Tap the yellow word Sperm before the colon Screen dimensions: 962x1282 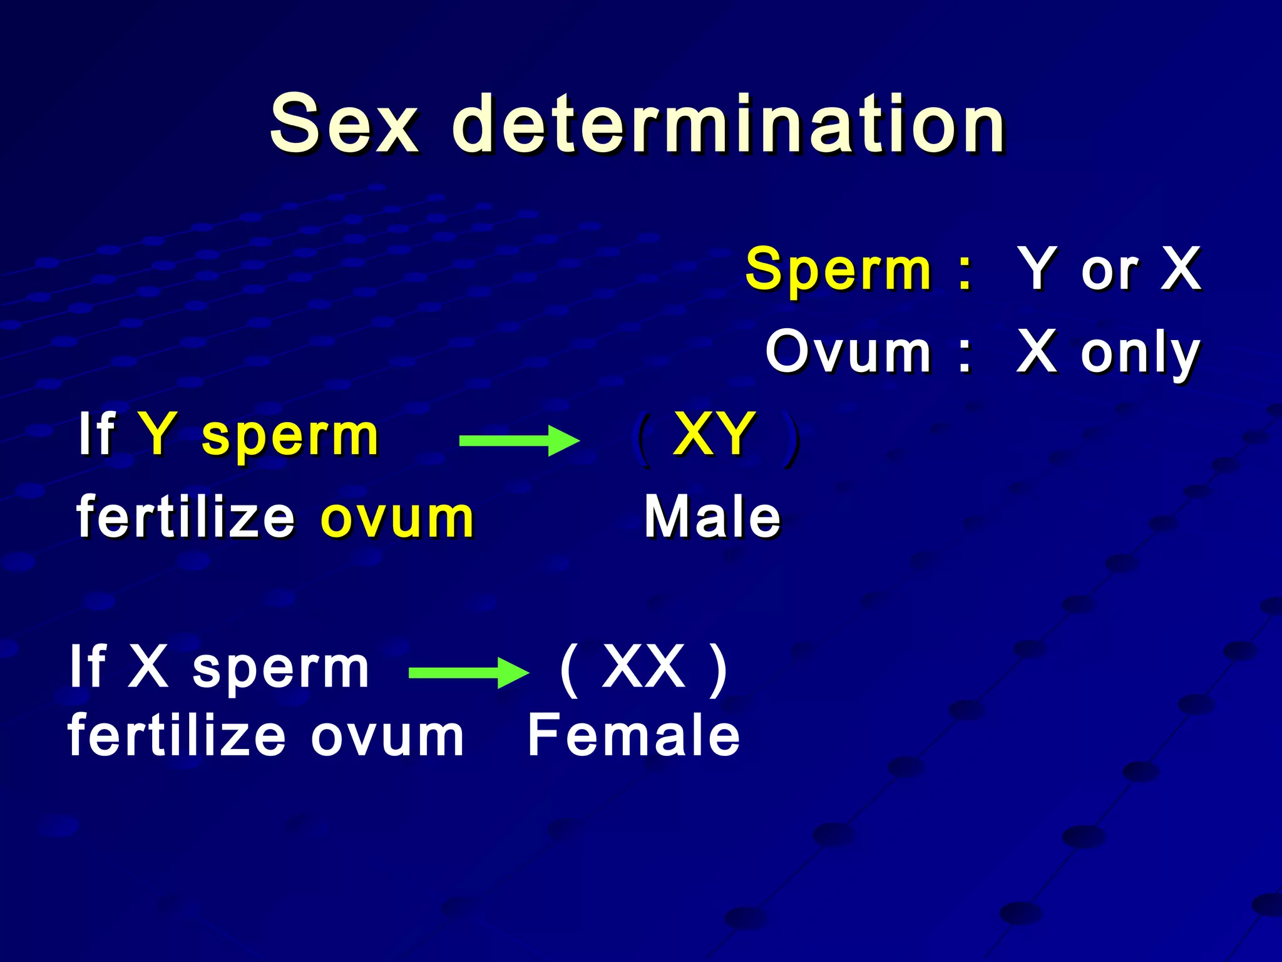[x=839, y=269]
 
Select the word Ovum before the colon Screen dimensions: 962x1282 [x=848, y=352]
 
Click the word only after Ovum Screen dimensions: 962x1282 [x=1140, y=354]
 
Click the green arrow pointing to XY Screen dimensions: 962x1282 [x=519, y=440]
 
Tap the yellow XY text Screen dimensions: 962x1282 [x=714, y=433]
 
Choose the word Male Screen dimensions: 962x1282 [x=713, y=517]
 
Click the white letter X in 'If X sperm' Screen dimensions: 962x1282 [x=148, y=666]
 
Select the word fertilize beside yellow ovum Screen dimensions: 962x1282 [x=185, y=517]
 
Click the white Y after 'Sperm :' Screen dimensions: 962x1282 [x=1037, y=269]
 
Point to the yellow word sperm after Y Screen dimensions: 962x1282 [x=290, y=436]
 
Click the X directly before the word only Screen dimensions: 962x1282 [x=1037, y=352]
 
